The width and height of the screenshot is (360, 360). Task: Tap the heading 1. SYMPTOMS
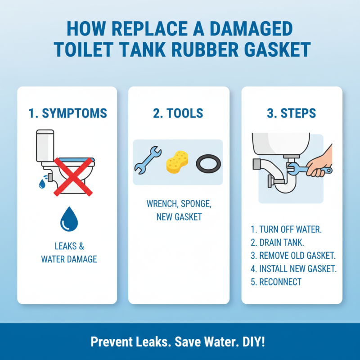point(67,113)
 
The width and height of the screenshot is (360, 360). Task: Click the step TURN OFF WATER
point(286,229)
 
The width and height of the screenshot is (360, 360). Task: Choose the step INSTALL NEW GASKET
point(294,269)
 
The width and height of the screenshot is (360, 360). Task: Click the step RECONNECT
point(276,282)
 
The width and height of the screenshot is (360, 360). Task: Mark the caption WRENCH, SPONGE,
point(179,203)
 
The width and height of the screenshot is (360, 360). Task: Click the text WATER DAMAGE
point(69,259)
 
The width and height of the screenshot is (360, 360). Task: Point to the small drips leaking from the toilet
point(42,182)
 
